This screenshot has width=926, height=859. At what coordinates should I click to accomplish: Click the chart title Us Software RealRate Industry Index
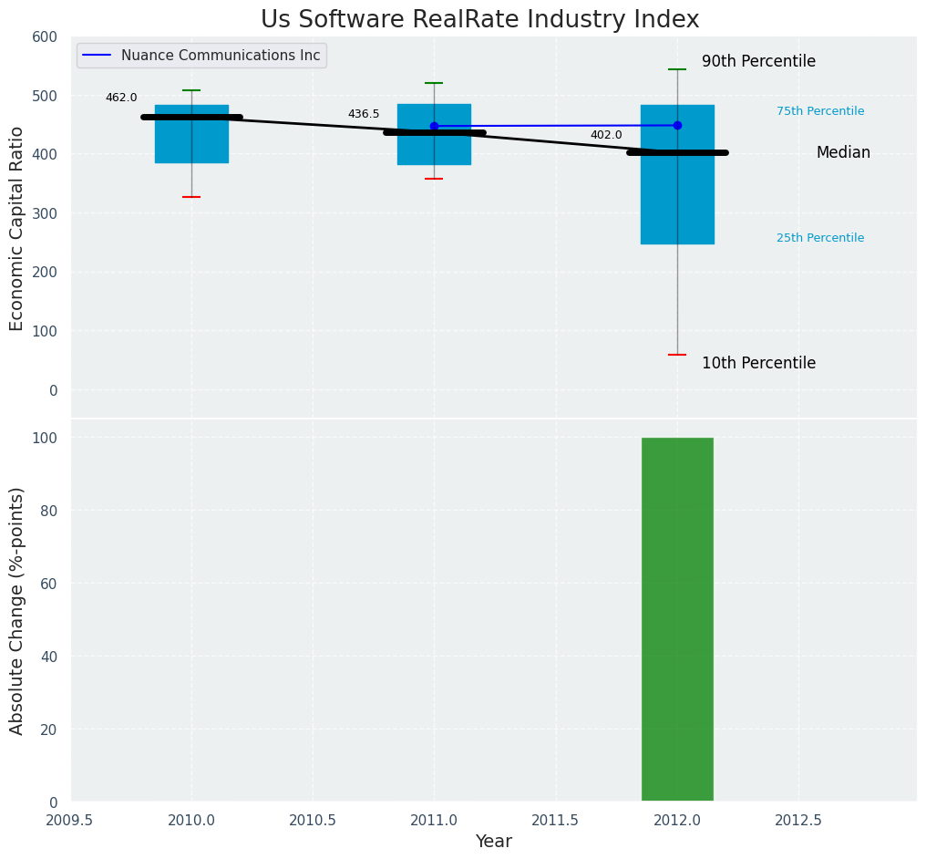479,19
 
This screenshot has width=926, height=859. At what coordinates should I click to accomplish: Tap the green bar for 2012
677,619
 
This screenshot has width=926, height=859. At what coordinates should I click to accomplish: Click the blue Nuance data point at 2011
434,126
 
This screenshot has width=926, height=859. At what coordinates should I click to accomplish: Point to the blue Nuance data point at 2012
677,125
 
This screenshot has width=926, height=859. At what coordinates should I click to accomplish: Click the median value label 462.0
121,98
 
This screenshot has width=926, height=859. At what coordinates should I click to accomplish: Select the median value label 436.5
364,114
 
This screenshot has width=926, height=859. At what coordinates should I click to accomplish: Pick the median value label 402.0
606,135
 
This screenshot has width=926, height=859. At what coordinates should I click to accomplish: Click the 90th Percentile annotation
758,62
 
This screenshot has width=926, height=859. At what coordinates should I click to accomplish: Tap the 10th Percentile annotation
758,363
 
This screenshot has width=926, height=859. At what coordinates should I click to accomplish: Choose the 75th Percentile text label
820,111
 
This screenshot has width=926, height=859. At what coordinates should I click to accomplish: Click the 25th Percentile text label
820,238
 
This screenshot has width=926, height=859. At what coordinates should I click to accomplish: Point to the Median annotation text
843,153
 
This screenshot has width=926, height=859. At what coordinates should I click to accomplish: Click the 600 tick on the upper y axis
45,37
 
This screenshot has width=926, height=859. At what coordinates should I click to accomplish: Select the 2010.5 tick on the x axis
313,820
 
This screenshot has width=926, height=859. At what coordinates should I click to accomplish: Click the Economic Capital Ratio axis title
17,227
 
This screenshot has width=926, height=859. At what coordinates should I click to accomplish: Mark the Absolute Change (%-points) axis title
17,610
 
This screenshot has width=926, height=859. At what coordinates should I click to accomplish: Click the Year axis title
494,842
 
